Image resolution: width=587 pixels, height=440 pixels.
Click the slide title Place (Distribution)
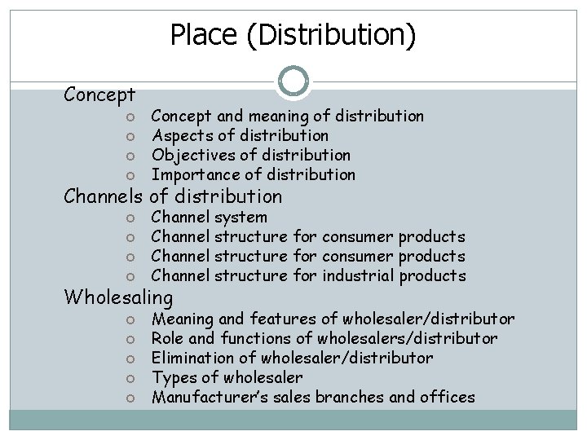click(x=293, y=34)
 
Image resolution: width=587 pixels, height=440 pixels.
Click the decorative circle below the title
click(x=293, y=81)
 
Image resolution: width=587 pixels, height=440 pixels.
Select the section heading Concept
click(x=99, y=95)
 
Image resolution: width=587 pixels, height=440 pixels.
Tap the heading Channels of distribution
click(x=174, y=196)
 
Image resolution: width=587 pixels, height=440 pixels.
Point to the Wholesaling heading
click(x=119, y=297)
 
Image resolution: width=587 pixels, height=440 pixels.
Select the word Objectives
click(x=189, y=155)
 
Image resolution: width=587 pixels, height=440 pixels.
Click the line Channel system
click(x=210, y=217)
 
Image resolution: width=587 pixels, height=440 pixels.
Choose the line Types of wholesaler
click(x=227, y=377)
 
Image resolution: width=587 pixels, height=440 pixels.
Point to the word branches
click(x=369, y=397)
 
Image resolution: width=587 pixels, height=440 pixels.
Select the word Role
click(x=168, y=338)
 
